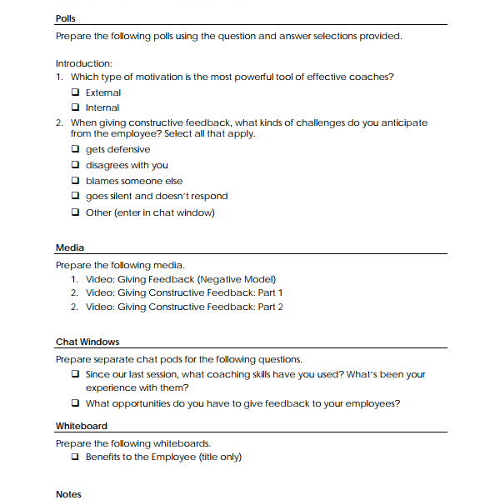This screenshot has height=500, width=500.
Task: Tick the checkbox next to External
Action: point(76,92)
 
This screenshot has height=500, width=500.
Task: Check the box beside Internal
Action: point(76,107)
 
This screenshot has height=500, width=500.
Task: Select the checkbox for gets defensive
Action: point(76,150)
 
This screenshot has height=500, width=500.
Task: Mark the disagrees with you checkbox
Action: point(76,165)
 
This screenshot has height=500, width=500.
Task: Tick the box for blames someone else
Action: point(76,181)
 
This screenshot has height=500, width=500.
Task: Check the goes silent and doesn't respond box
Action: point(76,197)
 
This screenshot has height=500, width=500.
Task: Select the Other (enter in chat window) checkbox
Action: point(76,212)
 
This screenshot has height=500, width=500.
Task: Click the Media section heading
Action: point(69,247)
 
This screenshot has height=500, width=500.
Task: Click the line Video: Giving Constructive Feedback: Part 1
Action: point(184,292)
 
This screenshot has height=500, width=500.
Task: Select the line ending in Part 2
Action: point(184,307)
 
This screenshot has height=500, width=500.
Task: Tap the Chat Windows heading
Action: point(87,342)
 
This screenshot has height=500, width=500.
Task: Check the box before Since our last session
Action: point(76,375)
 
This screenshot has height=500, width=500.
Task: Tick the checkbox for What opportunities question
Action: point(76,404)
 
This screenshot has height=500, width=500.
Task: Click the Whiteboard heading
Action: point(81,426)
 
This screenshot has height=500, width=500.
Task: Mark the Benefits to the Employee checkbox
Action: point(76,457)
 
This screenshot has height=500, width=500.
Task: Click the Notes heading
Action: point(68,494)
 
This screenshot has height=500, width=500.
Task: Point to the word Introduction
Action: point(83,63)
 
